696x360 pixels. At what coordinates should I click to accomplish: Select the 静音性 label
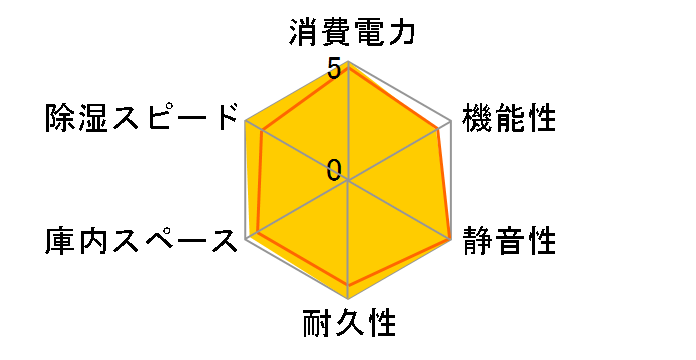tap(508, 241)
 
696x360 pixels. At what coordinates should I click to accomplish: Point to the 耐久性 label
tap(349, 324)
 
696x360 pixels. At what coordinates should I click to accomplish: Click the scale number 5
tap(334, 69)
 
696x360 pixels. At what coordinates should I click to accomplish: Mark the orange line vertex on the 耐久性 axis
tap(348, 286)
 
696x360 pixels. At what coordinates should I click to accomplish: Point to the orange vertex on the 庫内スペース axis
tap(258, 232)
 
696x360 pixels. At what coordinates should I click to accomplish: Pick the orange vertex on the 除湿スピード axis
tap(262, 131)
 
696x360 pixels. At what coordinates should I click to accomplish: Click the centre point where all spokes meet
tap(348, 181)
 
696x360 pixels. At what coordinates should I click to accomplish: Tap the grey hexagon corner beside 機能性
tap(452, 121)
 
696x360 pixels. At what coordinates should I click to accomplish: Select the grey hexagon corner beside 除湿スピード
tap(245, 121)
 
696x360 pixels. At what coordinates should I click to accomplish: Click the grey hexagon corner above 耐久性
tap(348, 300)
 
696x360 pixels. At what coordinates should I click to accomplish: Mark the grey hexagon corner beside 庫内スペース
tap(245, 240)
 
